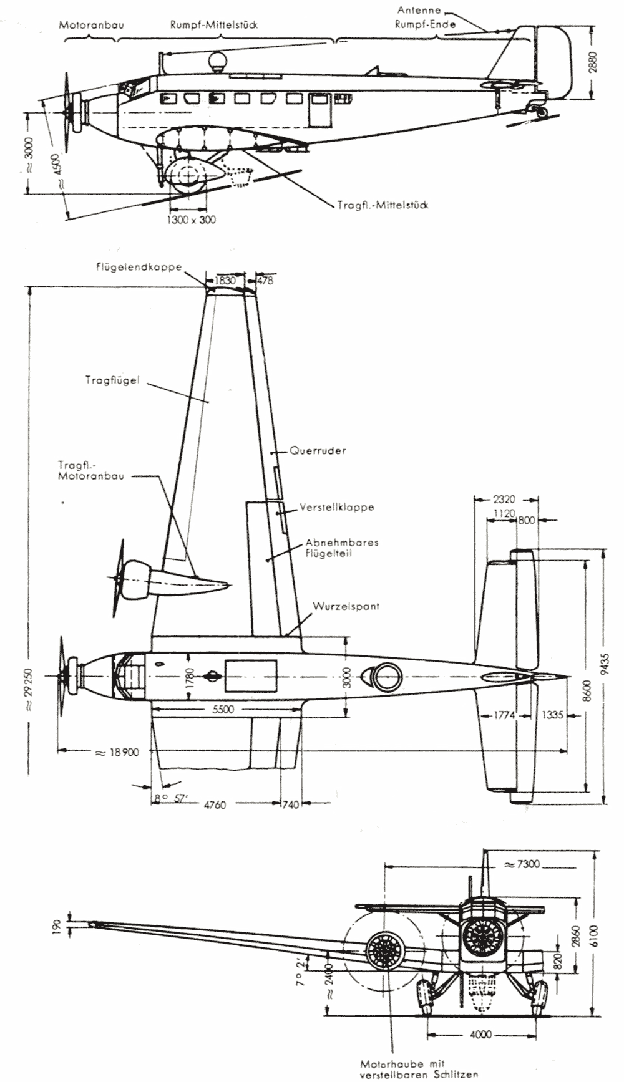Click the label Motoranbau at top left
91,26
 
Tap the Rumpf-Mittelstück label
214,25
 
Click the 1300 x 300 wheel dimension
192,220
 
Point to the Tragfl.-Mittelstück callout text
383,205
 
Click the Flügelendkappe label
139,267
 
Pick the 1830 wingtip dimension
225,281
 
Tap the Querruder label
318,450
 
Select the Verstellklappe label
337,507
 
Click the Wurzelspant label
346,606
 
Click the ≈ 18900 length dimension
116,752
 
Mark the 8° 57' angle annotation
171,798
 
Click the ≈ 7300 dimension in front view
522,864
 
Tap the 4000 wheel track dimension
480,1035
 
